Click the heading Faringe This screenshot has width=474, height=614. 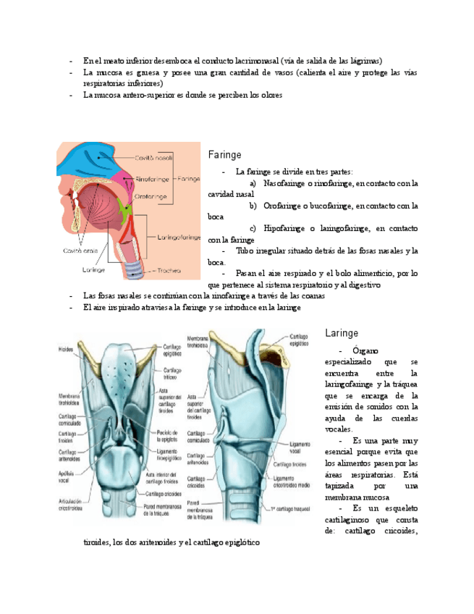tap(224, 155)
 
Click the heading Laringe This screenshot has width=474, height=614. tap(342, 333)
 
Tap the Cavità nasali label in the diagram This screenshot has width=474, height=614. tap(152, 157)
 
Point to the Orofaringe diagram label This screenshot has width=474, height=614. tap(151, 196)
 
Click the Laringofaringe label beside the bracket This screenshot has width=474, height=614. tap(177, 236)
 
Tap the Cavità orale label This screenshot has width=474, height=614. tap(80, 250)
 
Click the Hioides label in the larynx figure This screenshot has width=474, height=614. tap(67, 350)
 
